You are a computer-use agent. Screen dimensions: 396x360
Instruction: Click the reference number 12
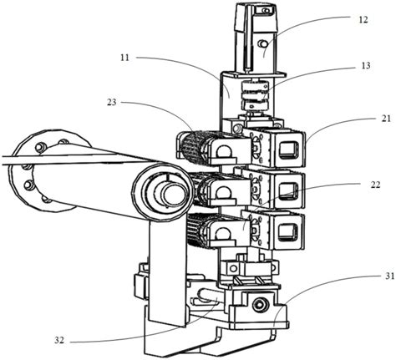click(x=363, y=20)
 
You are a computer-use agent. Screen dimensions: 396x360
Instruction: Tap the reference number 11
click(x=125, y=58)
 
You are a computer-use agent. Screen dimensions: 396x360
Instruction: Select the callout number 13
click(x=366, y=66)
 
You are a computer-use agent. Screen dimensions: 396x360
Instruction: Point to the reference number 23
click(x=112, y=103)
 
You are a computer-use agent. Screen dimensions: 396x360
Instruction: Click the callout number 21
click(x=386, y=119)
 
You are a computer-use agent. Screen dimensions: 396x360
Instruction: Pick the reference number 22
click(x=375, y=185)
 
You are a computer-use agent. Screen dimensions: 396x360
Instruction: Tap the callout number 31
click(x=390, y=276)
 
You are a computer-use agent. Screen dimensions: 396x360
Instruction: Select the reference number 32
click(x=59, y=340)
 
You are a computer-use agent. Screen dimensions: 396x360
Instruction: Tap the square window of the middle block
click(x=288, y=191)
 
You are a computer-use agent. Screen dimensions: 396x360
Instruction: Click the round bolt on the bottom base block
click(x=259, y=306)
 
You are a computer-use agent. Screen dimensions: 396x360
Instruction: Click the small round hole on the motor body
click(x=262, y=43)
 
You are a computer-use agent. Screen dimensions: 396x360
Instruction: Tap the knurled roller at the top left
click(x=194, y=145)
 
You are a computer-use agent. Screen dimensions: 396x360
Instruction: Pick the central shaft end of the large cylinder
click(x=173, y=194)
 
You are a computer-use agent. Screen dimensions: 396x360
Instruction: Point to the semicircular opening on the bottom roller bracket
click(x=221, y=234)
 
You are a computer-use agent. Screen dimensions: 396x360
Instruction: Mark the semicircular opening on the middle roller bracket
click(x=223, y=192)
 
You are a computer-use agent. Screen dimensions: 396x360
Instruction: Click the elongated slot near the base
click(x=208, y=297)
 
